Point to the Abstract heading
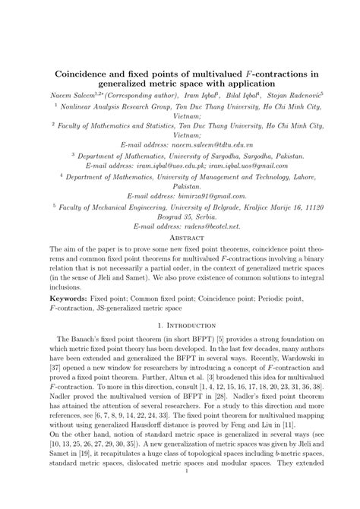point(179,237)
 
